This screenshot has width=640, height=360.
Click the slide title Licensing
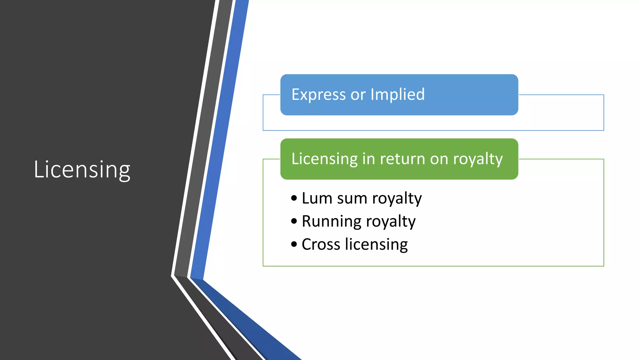(x=82, y=170)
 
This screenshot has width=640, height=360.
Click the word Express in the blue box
(x=318, y=95)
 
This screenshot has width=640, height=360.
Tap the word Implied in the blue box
(x=397, y=94)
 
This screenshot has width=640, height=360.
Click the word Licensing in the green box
(x=324, y=159)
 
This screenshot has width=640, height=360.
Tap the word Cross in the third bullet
(x=321, y=244)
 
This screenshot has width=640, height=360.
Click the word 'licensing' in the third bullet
(x=376, y=245)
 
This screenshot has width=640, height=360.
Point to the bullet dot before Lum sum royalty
(x=294, y=198)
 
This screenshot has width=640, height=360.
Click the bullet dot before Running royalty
(x=294, y=221)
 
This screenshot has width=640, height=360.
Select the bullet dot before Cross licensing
(x=294, y=244)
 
